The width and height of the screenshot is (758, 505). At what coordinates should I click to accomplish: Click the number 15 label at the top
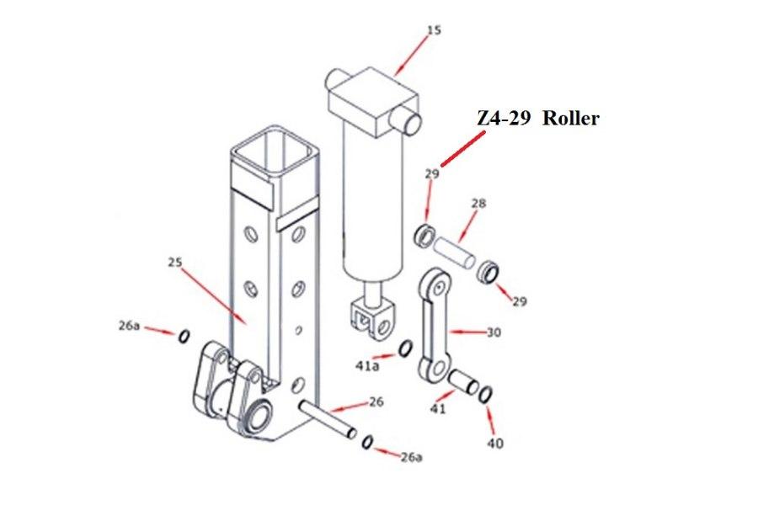coord(434,30)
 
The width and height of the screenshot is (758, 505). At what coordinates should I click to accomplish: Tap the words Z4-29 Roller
coord(537,119)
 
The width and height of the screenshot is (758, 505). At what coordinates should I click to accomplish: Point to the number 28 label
coord(478,204)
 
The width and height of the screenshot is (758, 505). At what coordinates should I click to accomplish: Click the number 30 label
coord(494,332)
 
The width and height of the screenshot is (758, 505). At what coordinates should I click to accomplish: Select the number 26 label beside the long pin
coord(376,402)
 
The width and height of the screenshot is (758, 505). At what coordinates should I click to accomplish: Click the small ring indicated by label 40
coord(486,393)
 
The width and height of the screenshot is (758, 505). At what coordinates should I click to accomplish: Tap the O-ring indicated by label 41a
coord(404,348)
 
